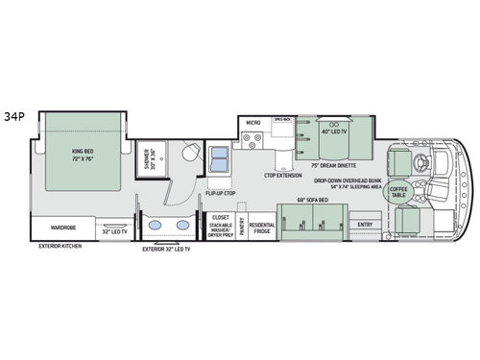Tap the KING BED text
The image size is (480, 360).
82,152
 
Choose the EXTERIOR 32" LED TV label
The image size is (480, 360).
166,249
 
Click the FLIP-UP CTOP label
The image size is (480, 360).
219,193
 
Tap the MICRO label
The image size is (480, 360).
252,123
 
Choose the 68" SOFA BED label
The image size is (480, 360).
312,200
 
